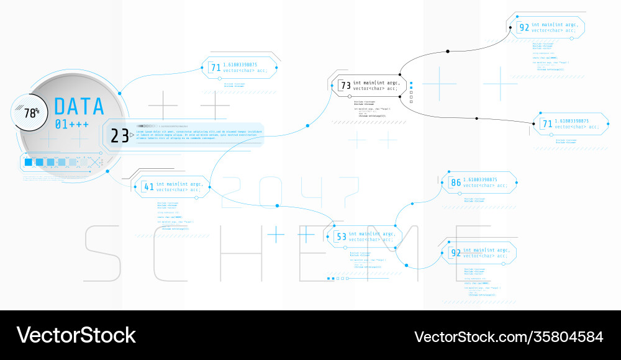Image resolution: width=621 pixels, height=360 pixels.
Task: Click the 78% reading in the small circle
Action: [32, 113]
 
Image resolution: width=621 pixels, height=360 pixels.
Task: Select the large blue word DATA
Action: [79, 107]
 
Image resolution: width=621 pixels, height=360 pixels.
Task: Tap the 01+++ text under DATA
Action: [71, 124]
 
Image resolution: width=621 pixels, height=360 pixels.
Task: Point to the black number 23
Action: [119, 135]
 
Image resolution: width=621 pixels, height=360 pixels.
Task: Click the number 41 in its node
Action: [149, 186]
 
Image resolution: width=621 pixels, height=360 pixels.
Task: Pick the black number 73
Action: [345, 86]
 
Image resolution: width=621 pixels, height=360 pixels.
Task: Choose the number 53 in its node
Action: [341, 236]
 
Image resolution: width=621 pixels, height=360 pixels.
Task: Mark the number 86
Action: [456, 182]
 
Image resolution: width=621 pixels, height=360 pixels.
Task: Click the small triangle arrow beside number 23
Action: [132, 135]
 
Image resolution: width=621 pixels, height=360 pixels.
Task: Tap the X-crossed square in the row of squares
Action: [94, 163]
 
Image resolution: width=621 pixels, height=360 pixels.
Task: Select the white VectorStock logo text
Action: [76, 335]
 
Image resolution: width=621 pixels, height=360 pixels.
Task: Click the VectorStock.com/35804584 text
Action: [509, 336]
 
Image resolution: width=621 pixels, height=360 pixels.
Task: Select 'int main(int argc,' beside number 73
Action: [376, 82]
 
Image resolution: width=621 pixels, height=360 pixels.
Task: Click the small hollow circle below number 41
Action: [196, 198]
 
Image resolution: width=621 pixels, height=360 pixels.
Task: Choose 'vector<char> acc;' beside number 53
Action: [371, 240]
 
